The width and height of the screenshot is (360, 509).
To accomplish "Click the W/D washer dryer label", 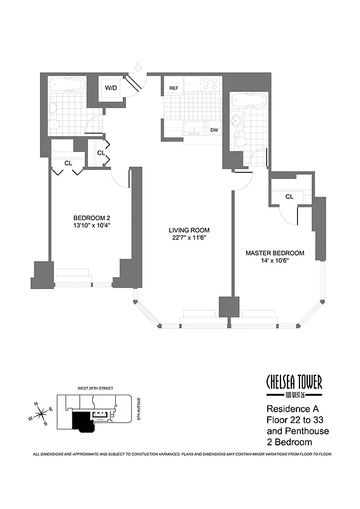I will pyautogui.click(x=111, y=87).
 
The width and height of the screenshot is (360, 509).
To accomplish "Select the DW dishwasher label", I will pyautogui.click(x=214, y=130).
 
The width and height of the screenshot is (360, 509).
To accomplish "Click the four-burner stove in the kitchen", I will pyautogui.click(x=209, y=85).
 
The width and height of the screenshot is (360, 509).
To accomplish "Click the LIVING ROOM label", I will pyautogui.click(x=189, y=230).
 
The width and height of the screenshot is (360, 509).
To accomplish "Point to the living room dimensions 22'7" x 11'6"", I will pyautogui.click(x=189, y=238).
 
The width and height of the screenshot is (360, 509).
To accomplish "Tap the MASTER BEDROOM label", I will pyautogui.click(x=275, y=253).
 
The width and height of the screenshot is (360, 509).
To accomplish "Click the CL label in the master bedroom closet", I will pyautogui.click(x=289, y=197).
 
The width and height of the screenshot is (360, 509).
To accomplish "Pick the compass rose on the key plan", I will pyautogui.click(x=41, y=415).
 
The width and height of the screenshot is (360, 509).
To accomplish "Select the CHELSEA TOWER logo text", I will pyautogui.click(x=294, y=382).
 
